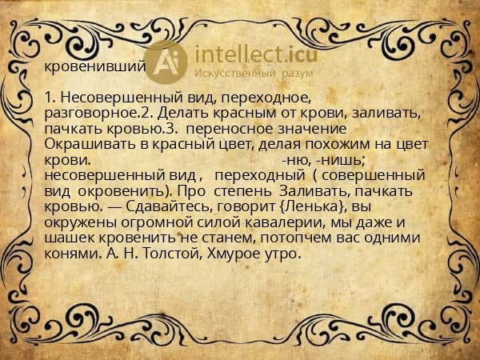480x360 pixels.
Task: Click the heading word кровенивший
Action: pyautogui.click(x=94, y=66)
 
